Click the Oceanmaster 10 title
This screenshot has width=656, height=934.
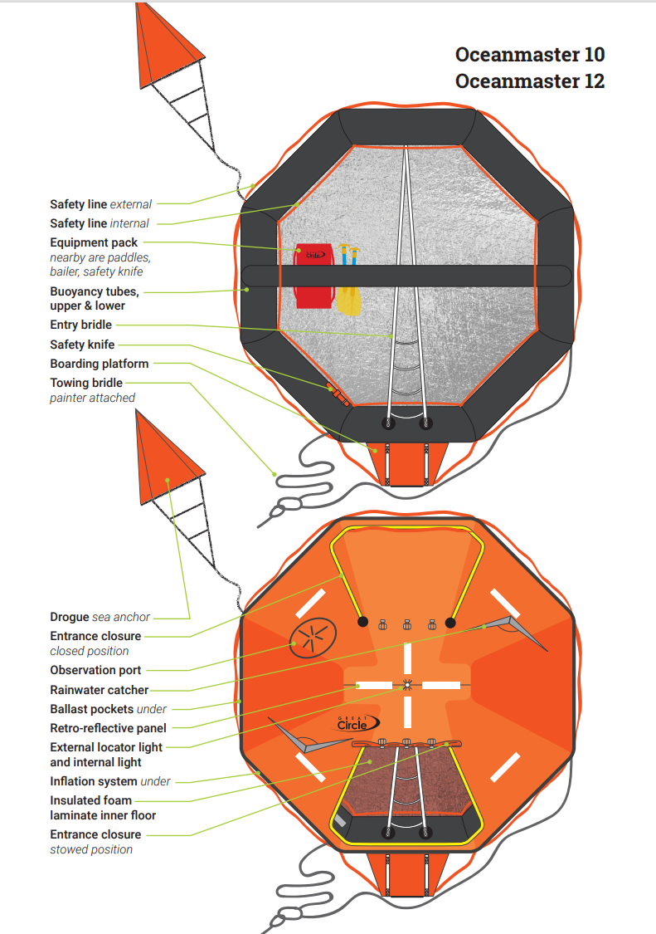pos(529,55)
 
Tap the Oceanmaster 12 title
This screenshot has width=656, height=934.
pos(529,81)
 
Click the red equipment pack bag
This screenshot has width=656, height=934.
pos(313,275)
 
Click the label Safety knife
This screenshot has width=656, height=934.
pos(82,345)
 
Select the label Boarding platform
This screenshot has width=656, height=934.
pos(100,364)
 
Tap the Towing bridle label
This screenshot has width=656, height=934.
pos(86,383)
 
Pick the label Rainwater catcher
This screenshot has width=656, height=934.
pos(100,690)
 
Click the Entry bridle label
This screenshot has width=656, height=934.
pos(80,325)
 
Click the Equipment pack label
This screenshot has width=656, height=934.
pos(94,242)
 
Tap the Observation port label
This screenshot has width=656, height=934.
pos(95,670)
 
